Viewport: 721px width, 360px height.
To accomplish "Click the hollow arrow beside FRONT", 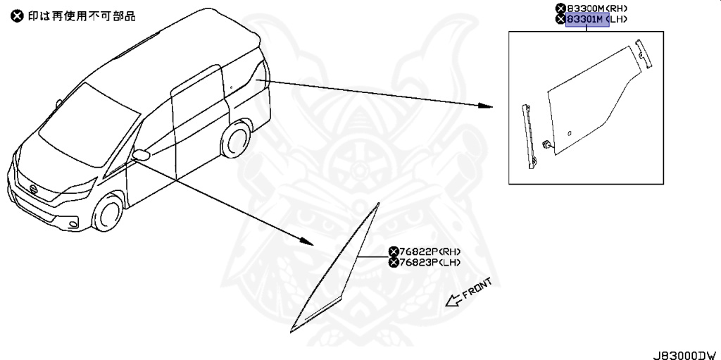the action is [453, 302].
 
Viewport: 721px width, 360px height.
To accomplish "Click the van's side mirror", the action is [141, 155].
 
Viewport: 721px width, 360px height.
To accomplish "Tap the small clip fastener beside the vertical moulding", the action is [546, 145].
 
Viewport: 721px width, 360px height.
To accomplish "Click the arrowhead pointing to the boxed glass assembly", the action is [484, 106].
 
